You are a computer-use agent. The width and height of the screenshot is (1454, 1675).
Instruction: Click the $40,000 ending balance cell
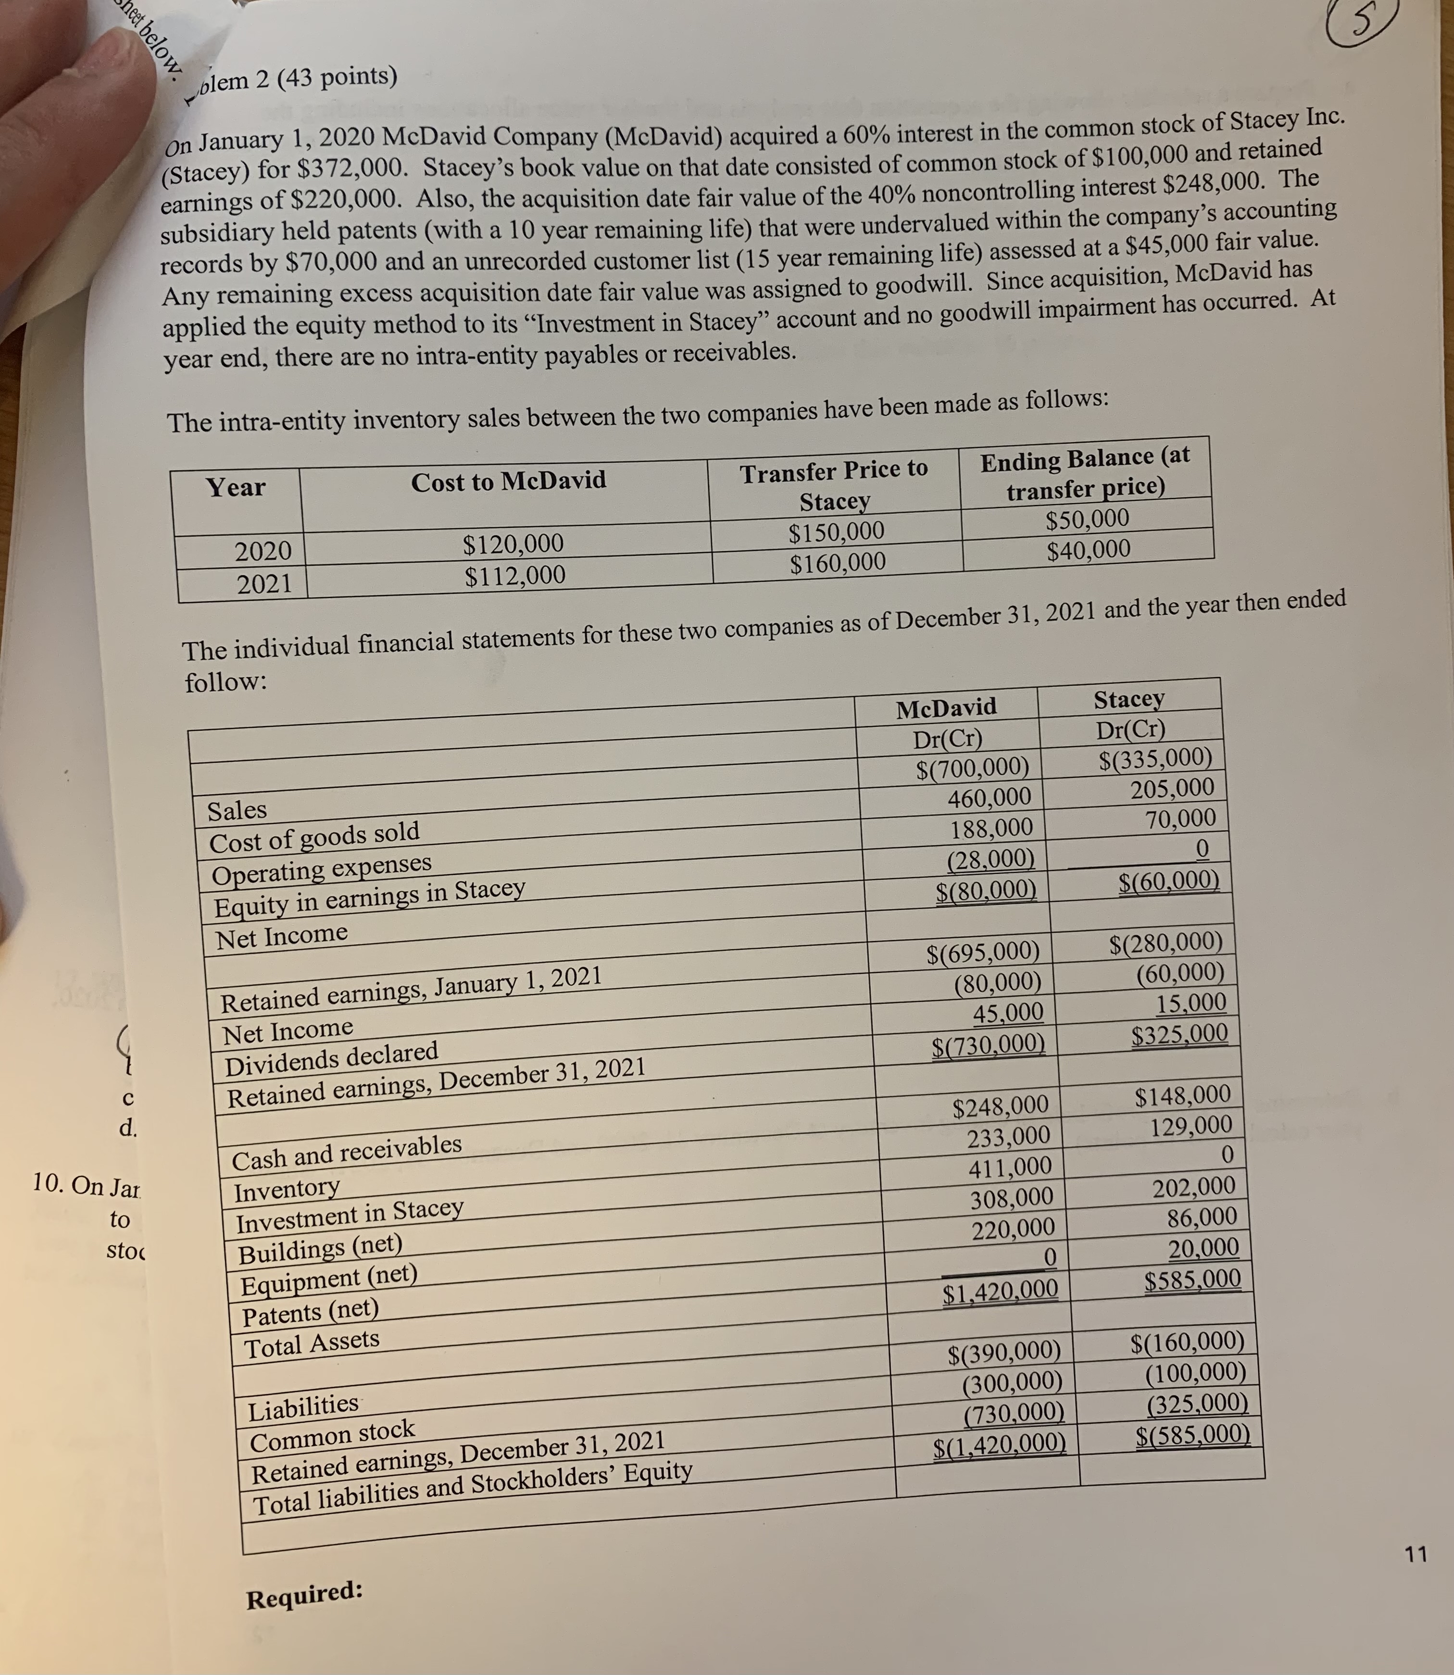1088,550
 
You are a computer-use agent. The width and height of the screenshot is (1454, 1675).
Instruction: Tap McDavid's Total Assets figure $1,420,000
1000,1290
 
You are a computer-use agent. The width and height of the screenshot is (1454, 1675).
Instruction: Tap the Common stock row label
332,1436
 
